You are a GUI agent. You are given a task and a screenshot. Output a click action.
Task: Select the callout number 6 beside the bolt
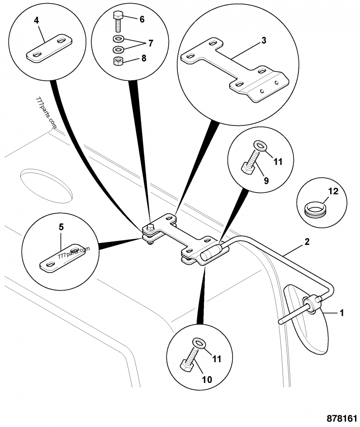pyautogui.click(x=142, y=19)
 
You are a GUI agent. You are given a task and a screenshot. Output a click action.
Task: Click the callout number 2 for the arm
pyautogui.click(x=306, y=242)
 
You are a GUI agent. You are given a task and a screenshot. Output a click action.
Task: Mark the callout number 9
pyautogui.click(x=266, y=181)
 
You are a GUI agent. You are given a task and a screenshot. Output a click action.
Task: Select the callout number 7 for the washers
pyautogui.click(x=150, y=44)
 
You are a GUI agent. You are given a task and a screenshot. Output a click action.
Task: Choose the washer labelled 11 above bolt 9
pyautogui.click(x=260, y=145)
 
